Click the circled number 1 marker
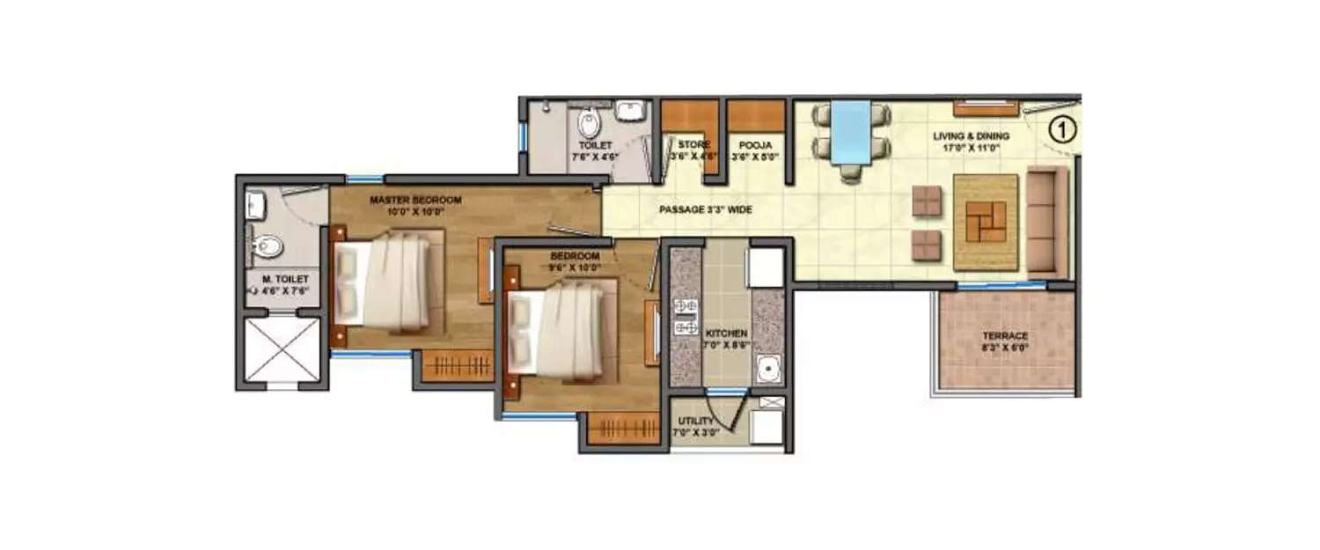(x=1062, y=131)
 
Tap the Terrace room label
(x=1006, y=341)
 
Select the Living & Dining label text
(x=972, y=142)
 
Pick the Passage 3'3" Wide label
(x=706, y=210)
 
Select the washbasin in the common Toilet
(x=630, y=111)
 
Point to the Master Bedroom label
(x=415, y=205)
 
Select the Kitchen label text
(x=726, y=339)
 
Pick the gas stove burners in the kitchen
(x=685, y=317)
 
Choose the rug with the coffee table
(x=986, y=222)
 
